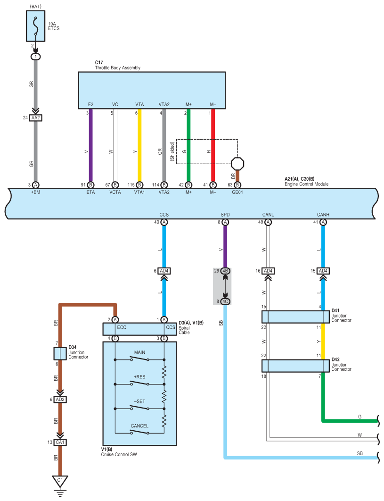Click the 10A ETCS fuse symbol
tap(35, 26)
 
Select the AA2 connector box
tap(36, 118)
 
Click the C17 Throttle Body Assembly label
tap(117, 65)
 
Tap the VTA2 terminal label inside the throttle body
tap(164, 104)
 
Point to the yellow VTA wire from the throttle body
tap(139, 145)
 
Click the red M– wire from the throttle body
tap(213, 145)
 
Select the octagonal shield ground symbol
tap(237, 164)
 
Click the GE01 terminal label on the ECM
tap(237, 192)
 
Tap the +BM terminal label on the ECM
tap(36, 192)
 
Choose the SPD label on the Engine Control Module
tap(225, 215)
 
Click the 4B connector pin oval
tap(225, 271)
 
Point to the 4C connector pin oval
tap(225, 301)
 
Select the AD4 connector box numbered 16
tap(268, 271)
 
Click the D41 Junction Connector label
tap(341, 315)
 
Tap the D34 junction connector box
tap(60, 354)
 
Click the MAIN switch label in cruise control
tap(139, 352)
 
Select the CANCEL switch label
tap(139, 426)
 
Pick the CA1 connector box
tap(60, 443)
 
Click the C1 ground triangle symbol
tap(60, 482)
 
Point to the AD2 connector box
tap(60, 400)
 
